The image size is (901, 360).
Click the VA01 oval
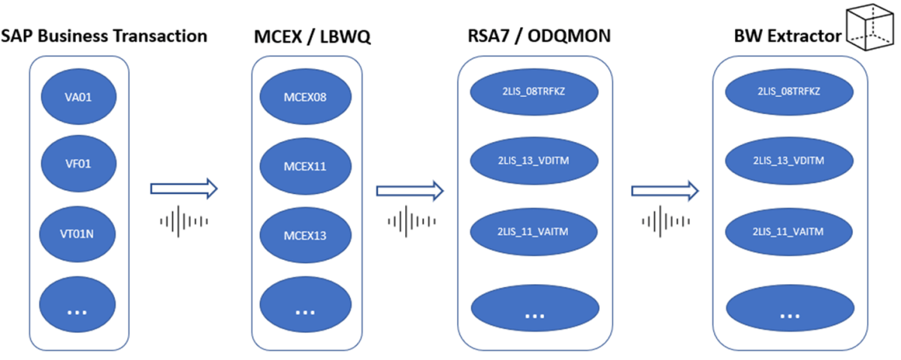[x=77, y=95]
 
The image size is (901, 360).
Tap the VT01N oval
[x=77, y=234]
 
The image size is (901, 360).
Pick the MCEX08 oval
[x=305, y=96]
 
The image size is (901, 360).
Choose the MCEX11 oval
[x=305, y=165]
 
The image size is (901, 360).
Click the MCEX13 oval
[x=305, y=234]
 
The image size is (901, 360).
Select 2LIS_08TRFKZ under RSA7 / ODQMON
[x=534, y=91]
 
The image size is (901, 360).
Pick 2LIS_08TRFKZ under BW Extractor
[x=789, y=91]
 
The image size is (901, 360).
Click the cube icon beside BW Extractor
[x=870, y=28]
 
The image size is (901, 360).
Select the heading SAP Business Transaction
[x=104, y=35]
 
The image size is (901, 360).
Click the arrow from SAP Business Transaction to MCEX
[x=183, y=189]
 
